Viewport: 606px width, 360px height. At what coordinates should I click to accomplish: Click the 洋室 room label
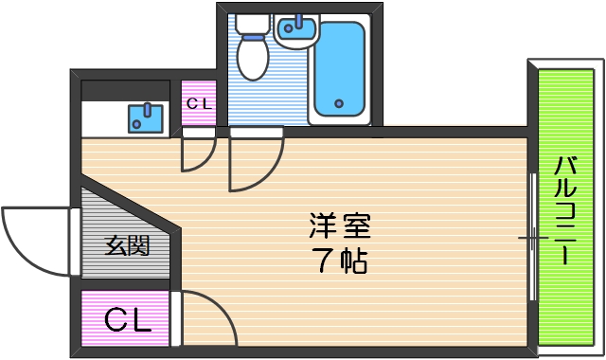pos(339,226)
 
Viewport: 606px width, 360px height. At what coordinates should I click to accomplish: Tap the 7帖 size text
pos(339,261)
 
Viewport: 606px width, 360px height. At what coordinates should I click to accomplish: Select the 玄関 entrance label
pos(126,247)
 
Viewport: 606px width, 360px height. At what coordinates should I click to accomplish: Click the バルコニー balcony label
pos(564,210)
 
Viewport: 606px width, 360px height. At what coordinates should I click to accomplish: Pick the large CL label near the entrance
pos(127,320)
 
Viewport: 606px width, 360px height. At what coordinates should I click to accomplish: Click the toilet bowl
pos(252,56)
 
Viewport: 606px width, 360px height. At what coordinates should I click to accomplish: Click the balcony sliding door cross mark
pos(531,238)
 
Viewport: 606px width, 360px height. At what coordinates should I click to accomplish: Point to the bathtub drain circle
pos(337,102)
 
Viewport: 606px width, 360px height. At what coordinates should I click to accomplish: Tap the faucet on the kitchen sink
pos(146,108)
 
